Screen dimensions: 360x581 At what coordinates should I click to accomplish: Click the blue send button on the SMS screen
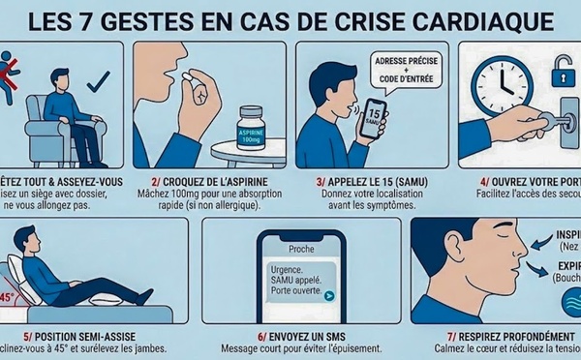point(330,295)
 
